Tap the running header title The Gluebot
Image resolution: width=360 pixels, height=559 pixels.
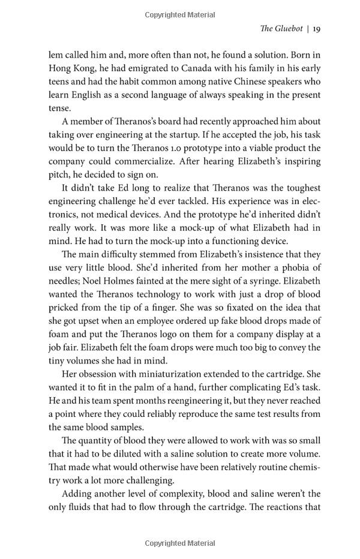pos(281,28)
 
